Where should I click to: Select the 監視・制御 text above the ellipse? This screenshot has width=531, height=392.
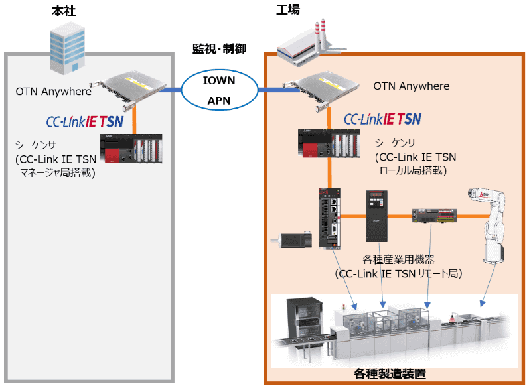pyautogui.click(x=219, y=48)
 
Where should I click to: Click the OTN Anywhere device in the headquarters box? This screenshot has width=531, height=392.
pyautogui.click(x=133, y=87)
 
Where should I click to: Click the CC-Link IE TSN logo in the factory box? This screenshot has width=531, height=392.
pyautogui.click(x=382, y=119)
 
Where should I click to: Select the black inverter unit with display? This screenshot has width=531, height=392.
pyautogui.click(x=376, y=216)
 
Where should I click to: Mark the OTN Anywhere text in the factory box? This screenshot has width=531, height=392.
pyautogui.click(x=411, y=86)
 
